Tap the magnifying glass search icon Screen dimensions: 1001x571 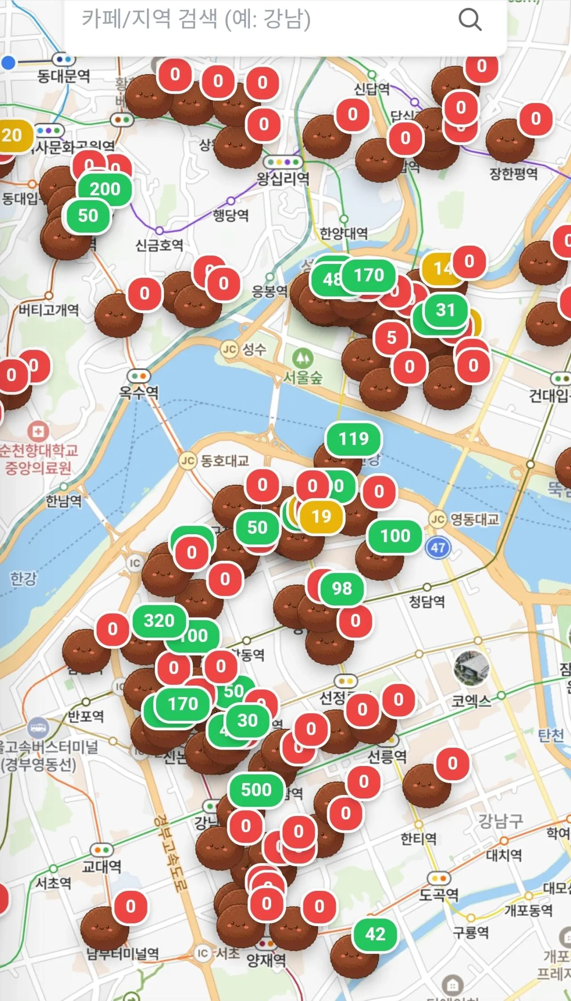click(x=470, y=20)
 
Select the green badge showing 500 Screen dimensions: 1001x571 click(x=257, y=790)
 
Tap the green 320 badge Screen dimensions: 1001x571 click(x=159, y=621)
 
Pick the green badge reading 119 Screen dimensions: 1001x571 click(x=354, y=439)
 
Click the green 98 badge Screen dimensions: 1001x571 click(x=342, y=589)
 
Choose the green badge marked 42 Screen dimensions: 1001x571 click(x=375, y=934)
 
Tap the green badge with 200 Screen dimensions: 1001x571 click(x=105, y=189)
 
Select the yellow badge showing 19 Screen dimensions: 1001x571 click(x=322, y=516)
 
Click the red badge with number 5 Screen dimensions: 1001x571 click(x=391, y=338)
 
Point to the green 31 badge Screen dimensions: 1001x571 click(x=445, y=310)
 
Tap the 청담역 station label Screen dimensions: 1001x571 click(x=427, y=601)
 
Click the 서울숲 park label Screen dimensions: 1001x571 click(x=303, y=378)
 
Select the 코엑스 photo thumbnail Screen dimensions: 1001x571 click(x=471, y=667)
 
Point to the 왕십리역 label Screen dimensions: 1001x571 click(x=283, y=179)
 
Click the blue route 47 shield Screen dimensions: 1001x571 click(x=438, y=548)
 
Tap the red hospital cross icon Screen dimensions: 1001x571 click(x=38, y=431)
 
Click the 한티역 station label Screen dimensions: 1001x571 click(x=418, y=839)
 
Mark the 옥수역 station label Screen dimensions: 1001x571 click(x=139, y=392)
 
